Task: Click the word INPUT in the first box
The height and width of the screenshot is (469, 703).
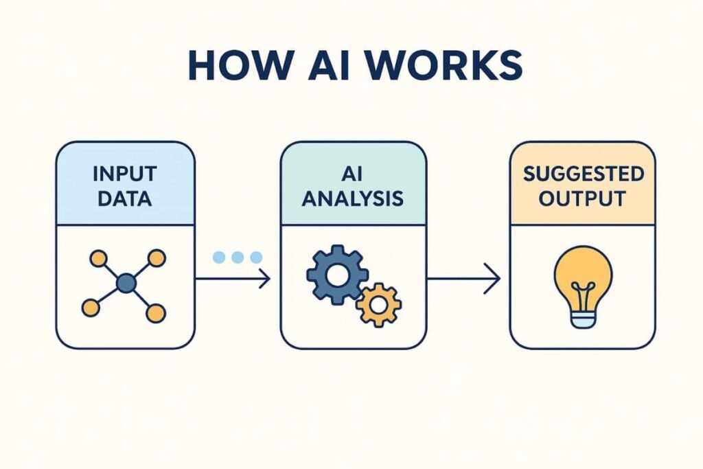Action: click(125, 174)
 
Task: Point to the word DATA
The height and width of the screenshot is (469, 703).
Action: click(125, 199)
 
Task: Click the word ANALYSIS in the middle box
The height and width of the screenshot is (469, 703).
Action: click(353, 199)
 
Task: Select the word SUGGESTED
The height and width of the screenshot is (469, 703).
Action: click(583, 174)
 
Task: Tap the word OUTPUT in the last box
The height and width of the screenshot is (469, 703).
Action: click(583, 199)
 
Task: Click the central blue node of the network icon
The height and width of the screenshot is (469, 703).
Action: click(126, 283)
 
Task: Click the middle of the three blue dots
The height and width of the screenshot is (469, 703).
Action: click(238, 257)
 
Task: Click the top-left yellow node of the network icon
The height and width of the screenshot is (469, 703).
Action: click(98, 258)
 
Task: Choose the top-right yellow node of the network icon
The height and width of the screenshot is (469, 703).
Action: click(157, 258)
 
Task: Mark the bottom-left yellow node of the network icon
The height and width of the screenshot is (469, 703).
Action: click(91, 308)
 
